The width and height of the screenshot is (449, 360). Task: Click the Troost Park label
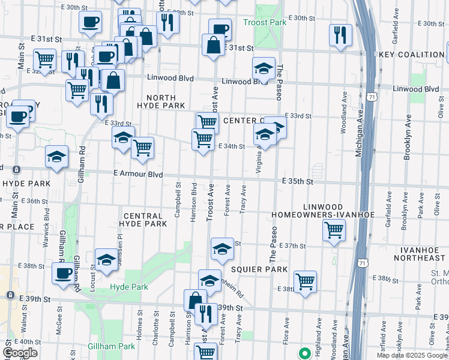(265, 22)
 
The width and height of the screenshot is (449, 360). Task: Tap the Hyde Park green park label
(128, 287)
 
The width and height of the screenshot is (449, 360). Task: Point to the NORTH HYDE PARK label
(161, 101)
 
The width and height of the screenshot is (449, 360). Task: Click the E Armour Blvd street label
(139, 174)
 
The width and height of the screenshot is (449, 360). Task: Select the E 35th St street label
(298, 181)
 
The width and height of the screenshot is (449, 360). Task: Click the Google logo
(20, 353)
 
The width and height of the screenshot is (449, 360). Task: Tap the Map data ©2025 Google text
(412, 355)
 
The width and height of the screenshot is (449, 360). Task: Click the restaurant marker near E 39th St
(206, 314)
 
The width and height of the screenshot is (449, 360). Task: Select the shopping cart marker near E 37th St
(334, 230)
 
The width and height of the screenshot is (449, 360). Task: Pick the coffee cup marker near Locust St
(62, 274)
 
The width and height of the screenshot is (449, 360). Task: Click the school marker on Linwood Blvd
(264, 69)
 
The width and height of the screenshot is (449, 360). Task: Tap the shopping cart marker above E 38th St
(306, 281)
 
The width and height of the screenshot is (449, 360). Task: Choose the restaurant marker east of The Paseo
(340, 34)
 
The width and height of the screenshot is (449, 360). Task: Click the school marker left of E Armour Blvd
(56, 158)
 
